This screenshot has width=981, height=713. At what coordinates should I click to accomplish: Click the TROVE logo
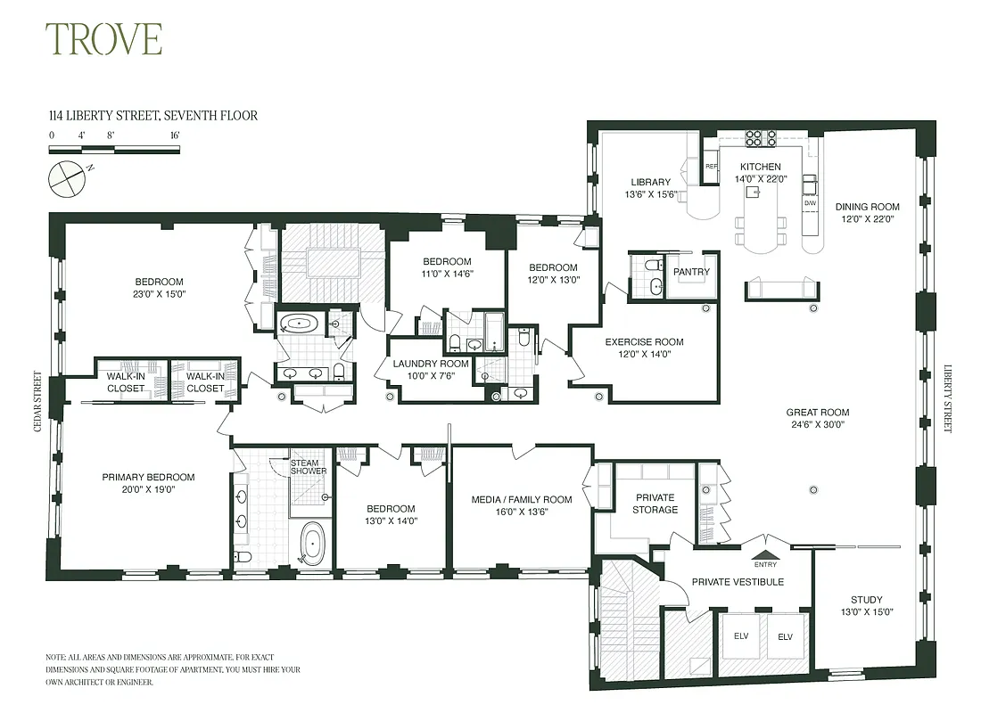tap(103, 40)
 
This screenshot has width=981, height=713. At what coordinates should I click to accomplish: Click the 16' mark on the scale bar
tap(174, 135)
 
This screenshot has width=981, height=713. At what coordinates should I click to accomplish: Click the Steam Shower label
tap(309, 466)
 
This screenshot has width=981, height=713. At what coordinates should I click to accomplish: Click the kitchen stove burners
tap(759, 138)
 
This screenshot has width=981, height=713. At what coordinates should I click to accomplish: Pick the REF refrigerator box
tap(711, 167)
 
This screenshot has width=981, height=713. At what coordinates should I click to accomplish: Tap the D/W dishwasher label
tap(810, 203)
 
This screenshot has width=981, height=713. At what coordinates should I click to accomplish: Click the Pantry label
tap(691, 272)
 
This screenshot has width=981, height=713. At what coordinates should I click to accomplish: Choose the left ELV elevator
tap(740, 637)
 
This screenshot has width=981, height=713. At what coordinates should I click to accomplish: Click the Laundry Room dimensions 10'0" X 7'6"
tap(431, 375)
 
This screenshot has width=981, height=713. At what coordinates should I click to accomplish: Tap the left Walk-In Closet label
tap(126, 381)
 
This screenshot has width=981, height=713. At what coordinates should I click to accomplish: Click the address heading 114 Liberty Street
tap(153, 116)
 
